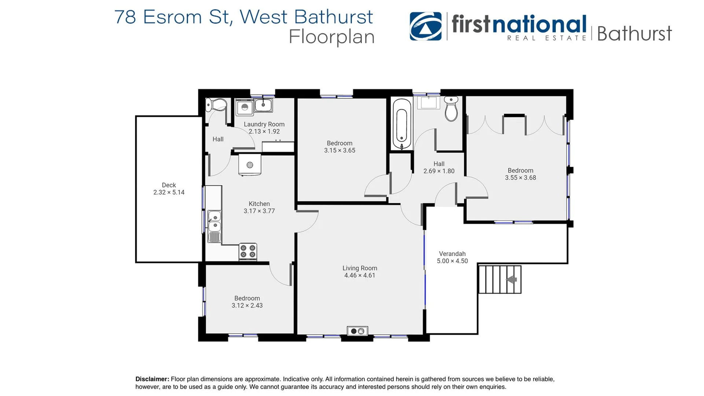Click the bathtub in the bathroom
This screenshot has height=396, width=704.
click(x=402, y=124)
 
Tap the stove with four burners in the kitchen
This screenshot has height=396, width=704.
click(x=248, y=252)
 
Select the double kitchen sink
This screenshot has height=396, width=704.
click(x=214, y=221)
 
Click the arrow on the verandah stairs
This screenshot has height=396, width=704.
click(x=511, y=280)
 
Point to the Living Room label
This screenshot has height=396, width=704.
click(x=360, y=268)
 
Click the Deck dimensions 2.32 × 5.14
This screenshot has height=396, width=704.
click(x=169, y=192)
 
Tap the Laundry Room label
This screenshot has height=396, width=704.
click(x=264, y=124)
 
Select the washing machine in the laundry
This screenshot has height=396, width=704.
click(x=245, y=107)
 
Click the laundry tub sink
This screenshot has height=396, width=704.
click(x=263, y=105)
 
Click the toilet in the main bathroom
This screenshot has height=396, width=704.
click(x=451, y=109)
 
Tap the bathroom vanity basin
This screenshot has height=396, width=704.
click(x=428, y=103)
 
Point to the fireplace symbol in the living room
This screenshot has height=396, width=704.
click(x=357, y=331)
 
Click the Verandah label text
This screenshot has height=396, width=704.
click(x=452, y=254)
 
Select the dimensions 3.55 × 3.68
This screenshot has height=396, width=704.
click(x=520, y=178)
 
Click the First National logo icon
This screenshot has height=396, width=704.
click(x=425, y=26)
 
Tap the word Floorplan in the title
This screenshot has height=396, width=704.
click(x=331, y=37)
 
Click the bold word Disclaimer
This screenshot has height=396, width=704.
click(x=152, y=379)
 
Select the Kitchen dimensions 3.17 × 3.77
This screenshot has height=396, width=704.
click(x=259, y=211)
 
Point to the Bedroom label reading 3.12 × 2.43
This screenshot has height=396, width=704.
click(x=247, y=302)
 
